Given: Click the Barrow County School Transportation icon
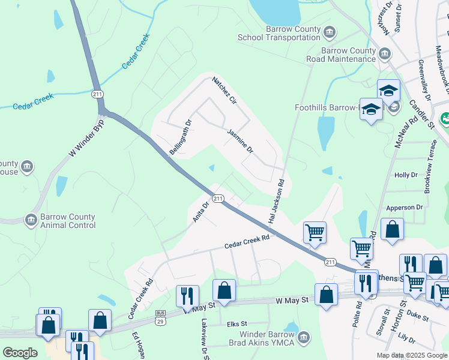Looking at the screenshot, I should pos(329,32).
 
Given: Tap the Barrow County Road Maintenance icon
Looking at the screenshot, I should pos(385,54).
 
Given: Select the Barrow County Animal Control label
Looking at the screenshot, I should pos(68,221).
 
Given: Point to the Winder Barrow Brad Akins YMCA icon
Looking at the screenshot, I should pos(304,338).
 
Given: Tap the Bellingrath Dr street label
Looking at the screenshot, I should pos(179,137).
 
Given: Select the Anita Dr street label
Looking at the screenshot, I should pos(200,212).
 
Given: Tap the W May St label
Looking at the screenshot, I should pos(292,299).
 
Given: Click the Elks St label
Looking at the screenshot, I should pos(237,324).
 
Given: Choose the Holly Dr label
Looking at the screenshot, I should pos(405,175).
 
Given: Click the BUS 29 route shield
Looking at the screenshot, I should pos(160,316).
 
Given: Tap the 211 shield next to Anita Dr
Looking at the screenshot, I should pos(218,199).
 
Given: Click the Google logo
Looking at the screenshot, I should pos(20,353).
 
